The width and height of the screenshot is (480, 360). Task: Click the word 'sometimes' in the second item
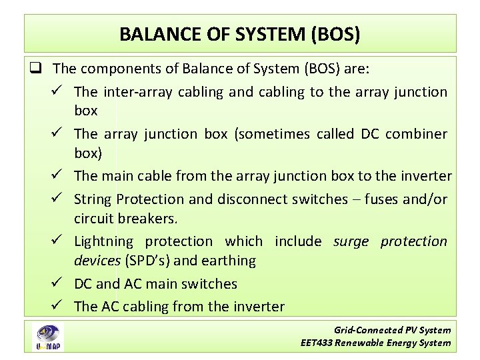click(273, 134)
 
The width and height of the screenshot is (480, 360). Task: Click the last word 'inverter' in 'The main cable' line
click(427, 176)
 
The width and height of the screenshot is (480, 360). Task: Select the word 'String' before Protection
click(93, 199)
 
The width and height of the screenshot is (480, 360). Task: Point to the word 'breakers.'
click(149, 218)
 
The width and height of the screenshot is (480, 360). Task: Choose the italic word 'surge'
click(351, 241)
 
